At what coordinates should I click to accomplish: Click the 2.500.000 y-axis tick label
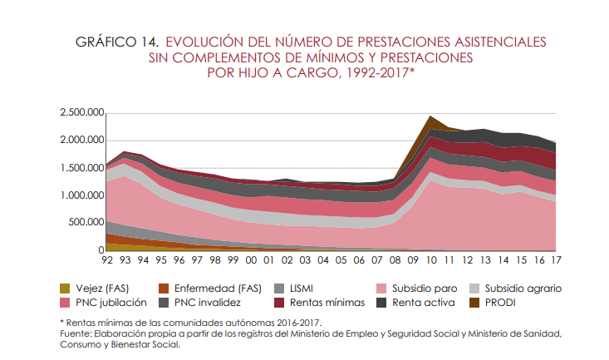tap(81, 113)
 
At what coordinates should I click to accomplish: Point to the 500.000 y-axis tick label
tap(86, 223)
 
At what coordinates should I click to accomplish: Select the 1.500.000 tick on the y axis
tap(81, 168)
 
